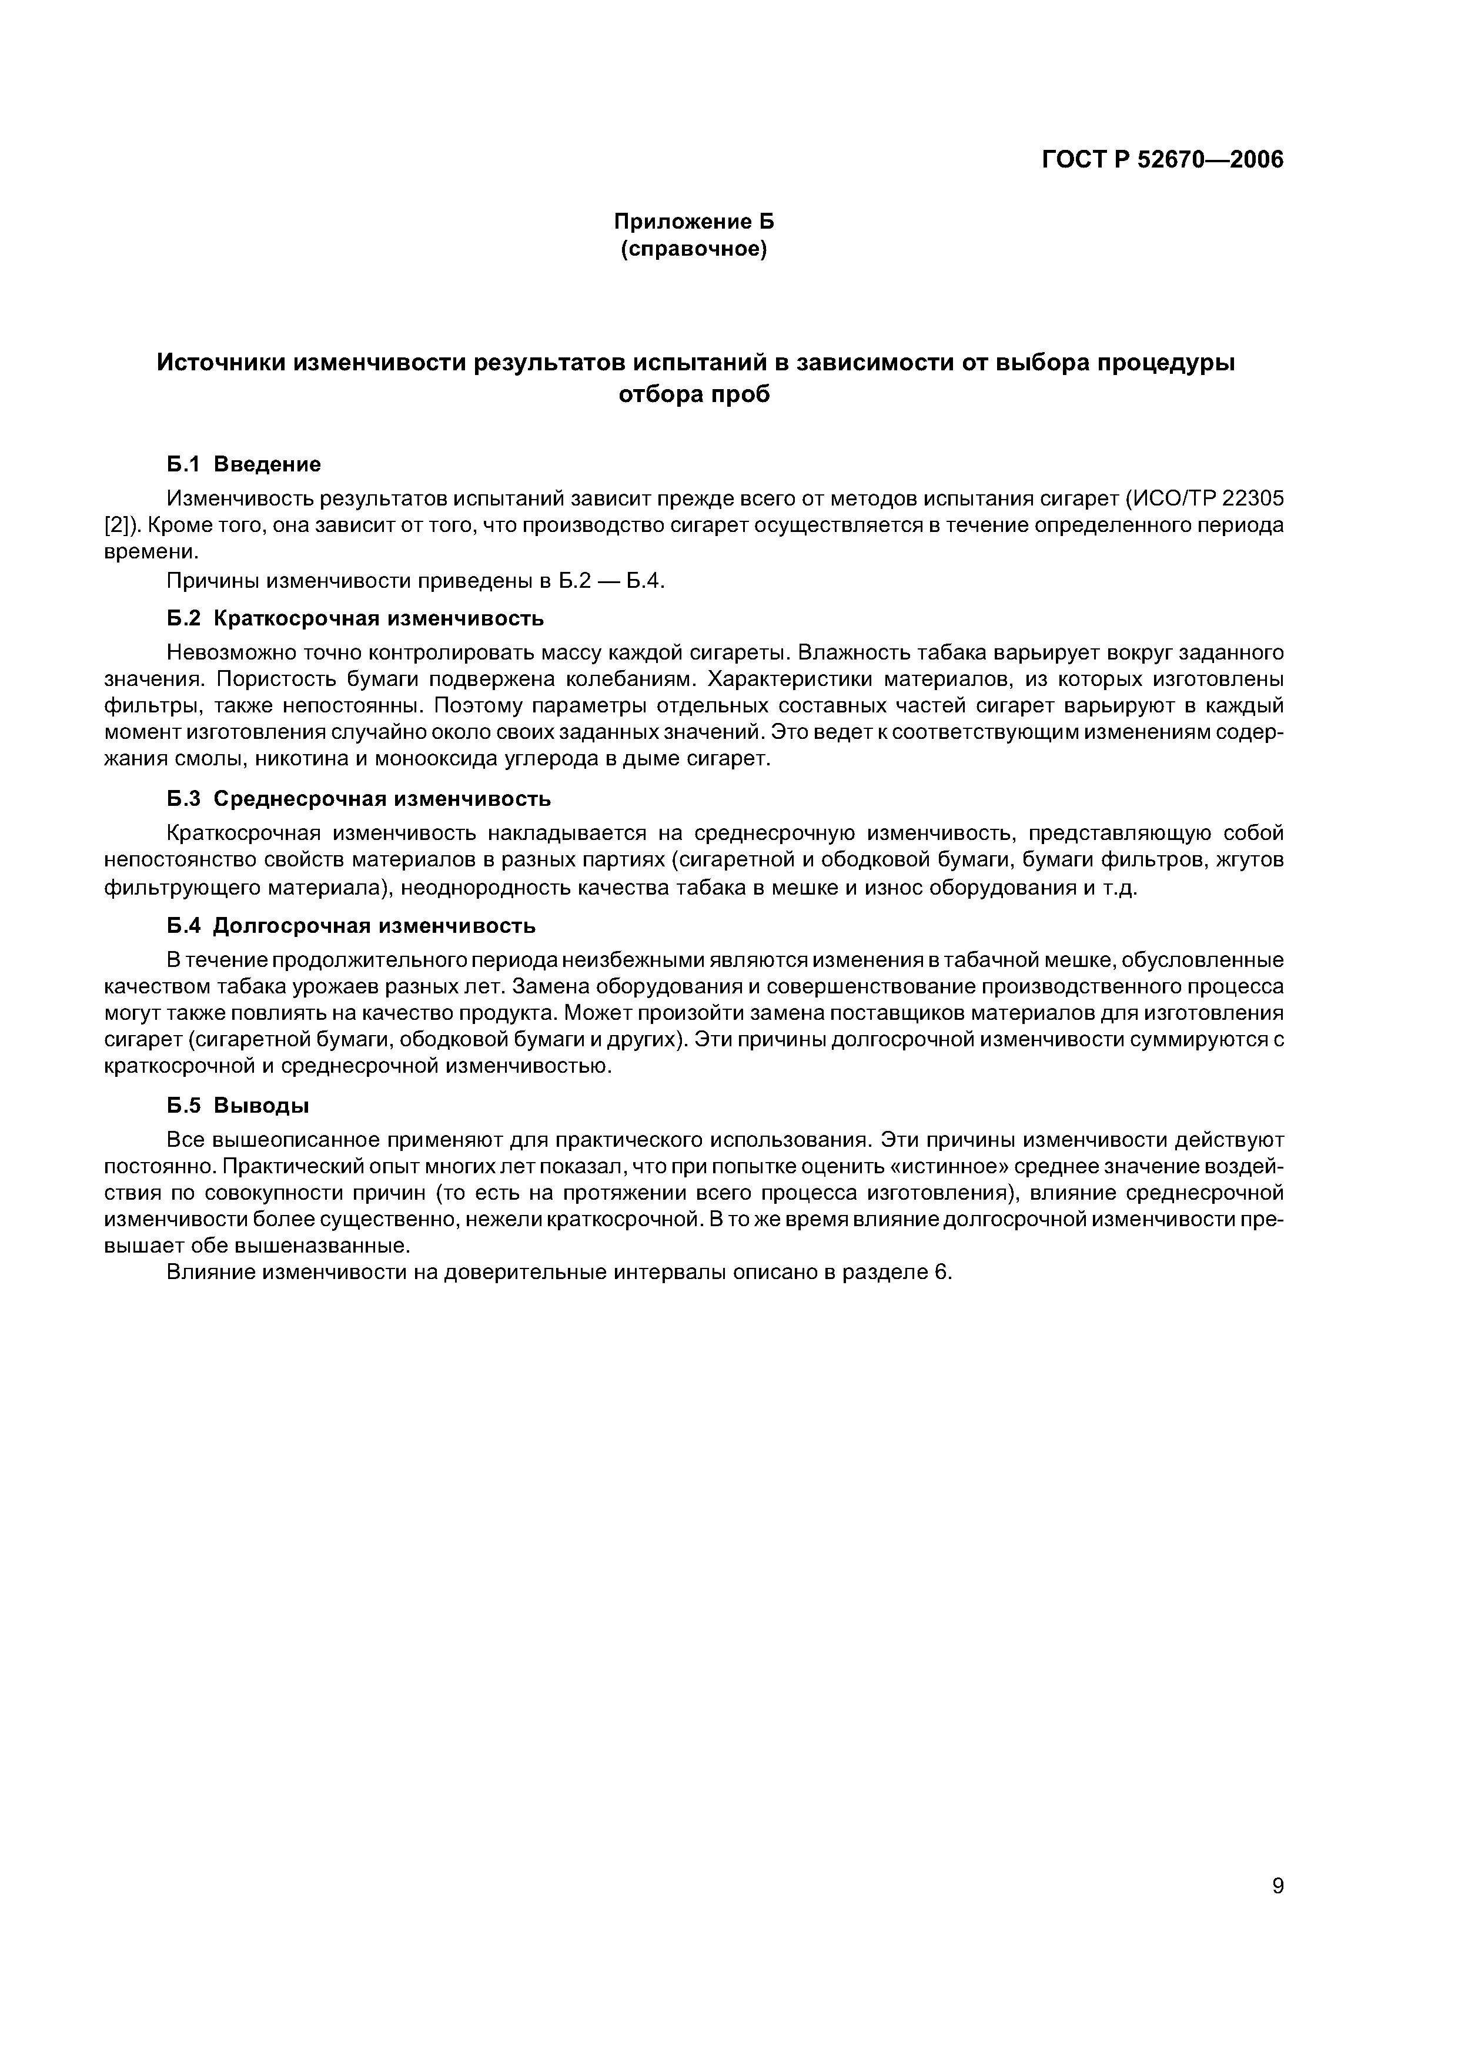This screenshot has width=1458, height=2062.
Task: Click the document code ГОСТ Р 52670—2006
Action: click(1162, 160)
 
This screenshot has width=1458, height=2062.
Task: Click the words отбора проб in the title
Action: click(694, 394)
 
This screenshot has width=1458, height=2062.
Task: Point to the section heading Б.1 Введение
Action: click(243, 464)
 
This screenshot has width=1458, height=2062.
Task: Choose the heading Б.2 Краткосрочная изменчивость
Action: click(356, 619)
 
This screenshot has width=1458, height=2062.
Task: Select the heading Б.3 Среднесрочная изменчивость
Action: click(359, 798)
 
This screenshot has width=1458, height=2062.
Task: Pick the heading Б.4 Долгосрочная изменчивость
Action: click(352, 925)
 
